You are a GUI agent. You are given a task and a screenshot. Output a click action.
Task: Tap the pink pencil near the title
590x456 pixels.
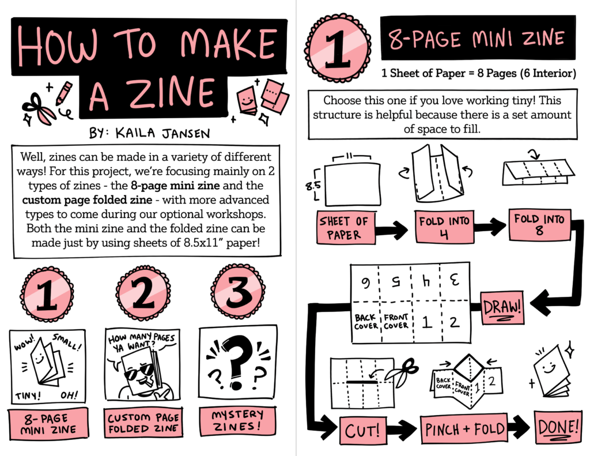64,93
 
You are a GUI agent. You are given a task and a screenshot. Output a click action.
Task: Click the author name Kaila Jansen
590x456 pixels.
162,133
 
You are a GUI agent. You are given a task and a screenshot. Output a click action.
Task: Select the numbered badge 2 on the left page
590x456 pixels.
143,293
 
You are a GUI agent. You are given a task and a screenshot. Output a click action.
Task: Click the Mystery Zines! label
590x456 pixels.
237,421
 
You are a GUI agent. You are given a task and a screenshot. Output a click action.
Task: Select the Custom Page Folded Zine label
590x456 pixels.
143,423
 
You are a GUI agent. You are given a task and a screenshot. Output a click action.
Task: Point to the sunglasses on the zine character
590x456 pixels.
139,372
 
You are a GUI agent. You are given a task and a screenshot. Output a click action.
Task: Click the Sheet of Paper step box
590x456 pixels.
346,228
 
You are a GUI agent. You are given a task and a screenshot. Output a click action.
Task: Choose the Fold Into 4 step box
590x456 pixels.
444,227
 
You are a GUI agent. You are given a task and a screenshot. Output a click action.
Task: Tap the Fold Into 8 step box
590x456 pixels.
540,225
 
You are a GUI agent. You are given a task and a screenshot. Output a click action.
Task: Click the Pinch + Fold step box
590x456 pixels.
464,429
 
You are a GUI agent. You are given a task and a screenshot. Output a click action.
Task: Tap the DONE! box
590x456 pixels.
558,427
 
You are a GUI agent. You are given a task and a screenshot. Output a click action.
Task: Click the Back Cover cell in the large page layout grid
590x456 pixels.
365,322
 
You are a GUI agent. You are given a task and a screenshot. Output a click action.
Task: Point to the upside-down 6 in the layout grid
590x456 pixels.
365,283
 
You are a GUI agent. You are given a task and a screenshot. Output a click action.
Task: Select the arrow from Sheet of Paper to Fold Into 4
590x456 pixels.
392,229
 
